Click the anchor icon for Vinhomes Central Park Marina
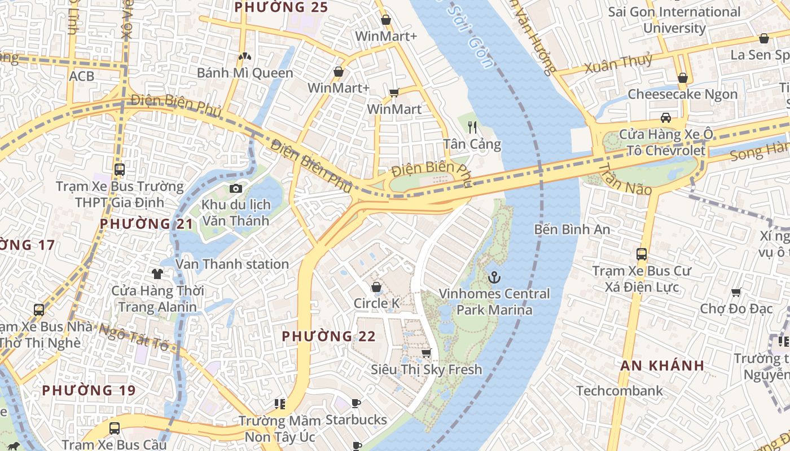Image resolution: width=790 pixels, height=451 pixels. click(494, 277)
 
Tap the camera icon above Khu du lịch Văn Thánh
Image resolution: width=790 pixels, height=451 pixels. click(236, 188)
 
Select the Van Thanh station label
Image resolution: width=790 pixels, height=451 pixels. click(232, 264)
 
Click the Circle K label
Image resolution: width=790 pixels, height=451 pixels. click(376, 303)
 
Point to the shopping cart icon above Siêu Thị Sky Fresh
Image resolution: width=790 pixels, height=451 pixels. click(427, 353)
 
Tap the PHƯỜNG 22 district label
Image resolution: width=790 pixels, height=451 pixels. click(328, 336)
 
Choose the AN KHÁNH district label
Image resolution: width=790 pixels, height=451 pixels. click(662, 365)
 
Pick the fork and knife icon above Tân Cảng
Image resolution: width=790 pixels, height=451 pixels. click(472, 127)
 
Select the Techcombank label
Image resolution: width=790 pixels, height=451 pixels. click(620, 391)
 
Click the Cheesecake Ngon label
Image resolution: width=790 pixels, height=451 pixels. click(682, 94)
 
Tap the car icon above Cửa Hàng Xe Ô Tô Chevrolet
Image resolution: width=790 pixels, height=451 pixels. click(666, 118)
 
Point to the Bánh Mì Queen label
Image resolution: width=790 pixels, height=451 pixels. click(245, 73)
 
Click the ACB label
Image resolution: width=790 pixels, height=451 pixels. click(82, 76)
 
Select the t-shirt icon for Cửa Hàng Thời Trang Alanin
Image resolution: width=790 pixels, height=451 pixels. click(157, 274)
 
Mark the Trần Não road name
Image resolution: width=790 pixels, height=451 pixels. click(625, 180)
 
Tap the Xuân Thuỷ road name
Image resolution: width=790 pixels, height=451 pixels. click(618, 64)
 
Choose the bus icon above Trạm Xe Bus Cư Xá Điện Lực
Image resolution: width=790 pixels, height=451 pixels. click(642, 254)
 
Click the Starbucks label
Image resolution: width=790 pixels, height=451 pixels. click(356, 420)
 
